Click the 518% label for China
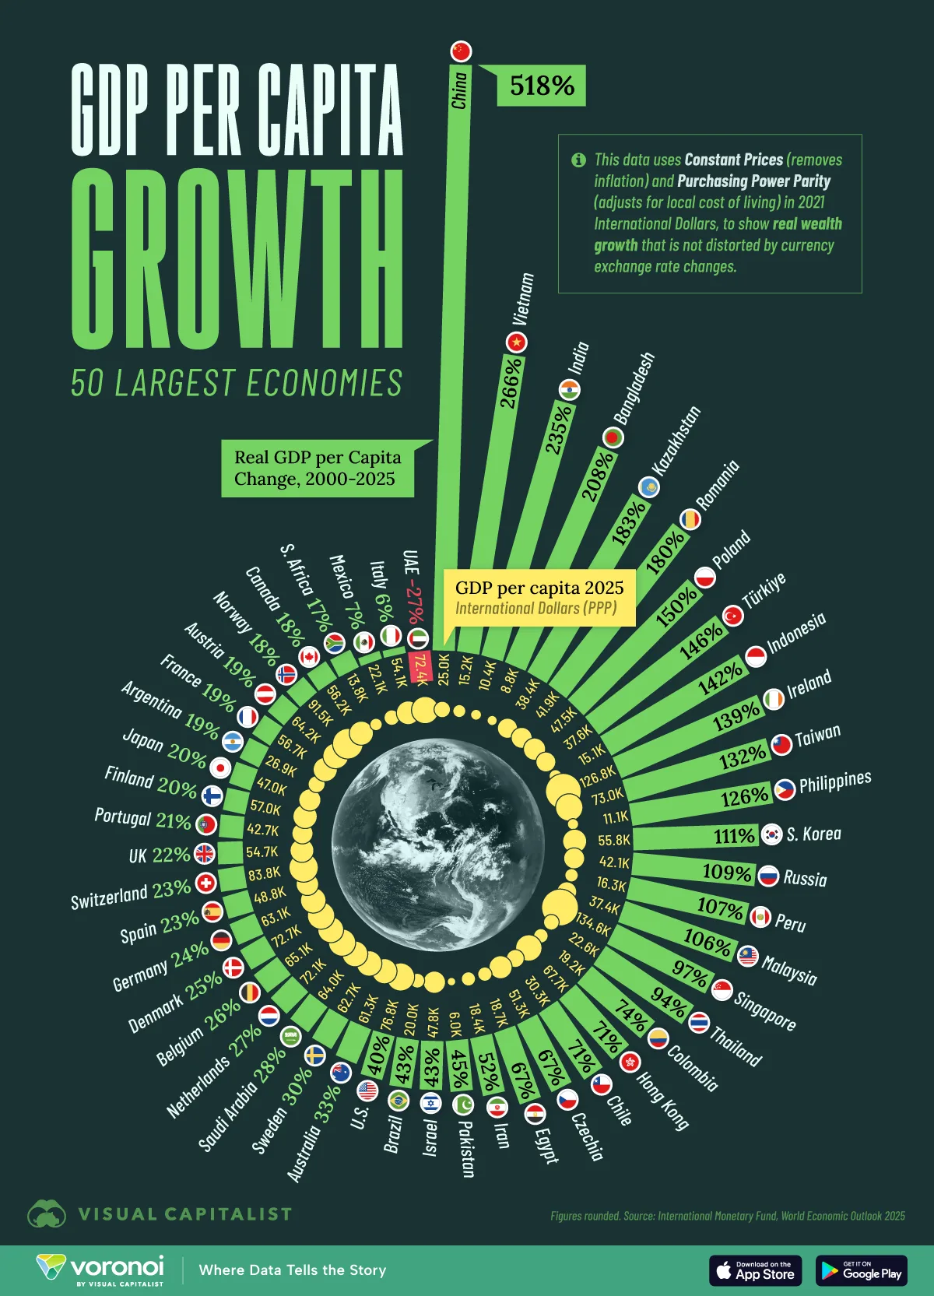point(542,86)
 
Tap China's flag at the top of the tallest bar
point(462,51)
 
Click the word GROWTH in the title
point(237,259)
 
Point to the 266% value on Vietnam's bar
point(510,381)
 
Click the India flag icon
point(569,389)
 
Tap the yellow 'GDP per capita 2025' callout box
point(539,597)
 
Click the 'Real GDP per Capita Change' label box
point(317,469)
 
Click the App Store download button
point(755,1270)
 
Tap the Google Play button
point(861,1270)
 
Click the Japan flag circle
point(220,767)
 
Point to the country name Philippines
point(834,781)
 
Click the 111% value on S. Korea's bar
point(735,836)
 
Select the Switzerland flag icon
point(206,883)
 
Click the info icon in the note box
point(578,160)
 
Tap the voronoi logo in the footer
point(100,1269)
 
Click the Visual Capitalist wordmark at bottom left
point(184,1214)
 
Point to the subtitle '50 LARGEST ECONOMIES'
point(237,383)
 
